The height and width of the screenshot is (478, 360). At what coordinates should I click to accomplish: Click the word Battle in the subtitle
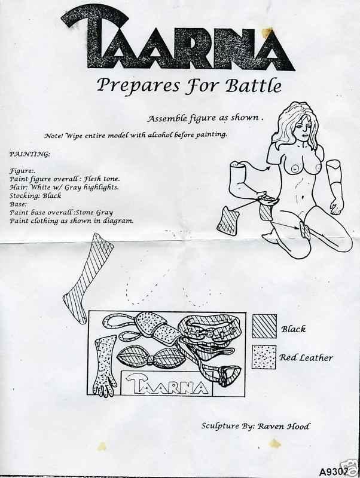pyautogui.click(x=253, y=85)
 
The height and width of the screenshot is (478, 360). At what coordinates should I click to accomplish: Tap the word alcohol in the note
pyautogui.click(x=160, y=135)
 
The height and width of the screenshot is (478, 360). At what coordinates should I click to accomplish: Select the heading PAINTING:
pyautogui.click(x=29, y=154)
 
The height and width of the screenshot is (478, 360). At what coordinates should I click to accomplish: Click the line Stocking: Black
pyautogui.click(x=35, y=196)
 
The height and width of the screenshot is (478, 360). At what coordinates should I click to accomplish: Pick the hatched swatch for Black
pyautogui.click(x=264, y=326)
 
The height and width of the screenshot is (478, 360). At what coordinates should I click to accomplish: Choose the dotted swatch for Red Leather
pyautogui.click(x=264, y=357)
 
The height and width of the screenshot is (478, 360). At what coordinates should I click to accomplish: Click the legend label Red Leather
pyautogui.click(x=306, y=357)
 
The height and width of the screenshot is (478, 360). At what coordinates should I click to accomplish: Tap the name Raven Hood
pyautogui.click(x=283, y=426)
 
